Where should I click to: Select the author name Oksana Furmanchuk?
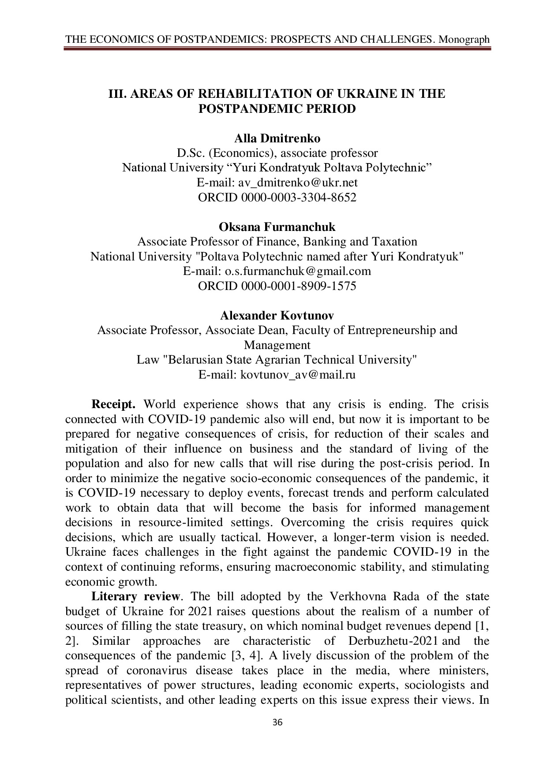277,227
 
